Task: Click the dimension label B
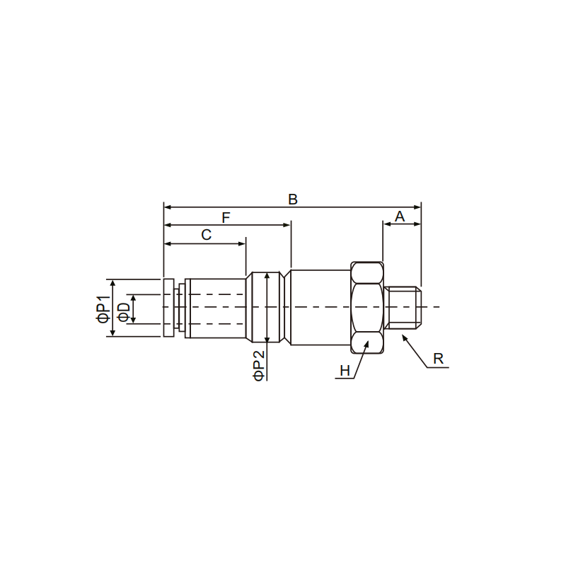(x=293, y=200)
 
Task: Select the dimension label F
(x=226, y=218)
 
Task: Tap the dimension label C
(x=206, y=235)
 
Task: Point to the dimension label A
(x=400, y=216)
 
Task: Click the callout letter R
(x=438, y=359)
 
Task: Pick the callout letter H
(x=345, y=371)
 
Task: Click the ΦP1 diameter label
(x=103, y=309)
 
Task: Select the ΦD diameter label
(x=125, y=312)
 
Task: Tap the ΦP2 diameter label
(x=259, y=365)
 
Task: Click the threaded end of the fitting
(x=403, y=308)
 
